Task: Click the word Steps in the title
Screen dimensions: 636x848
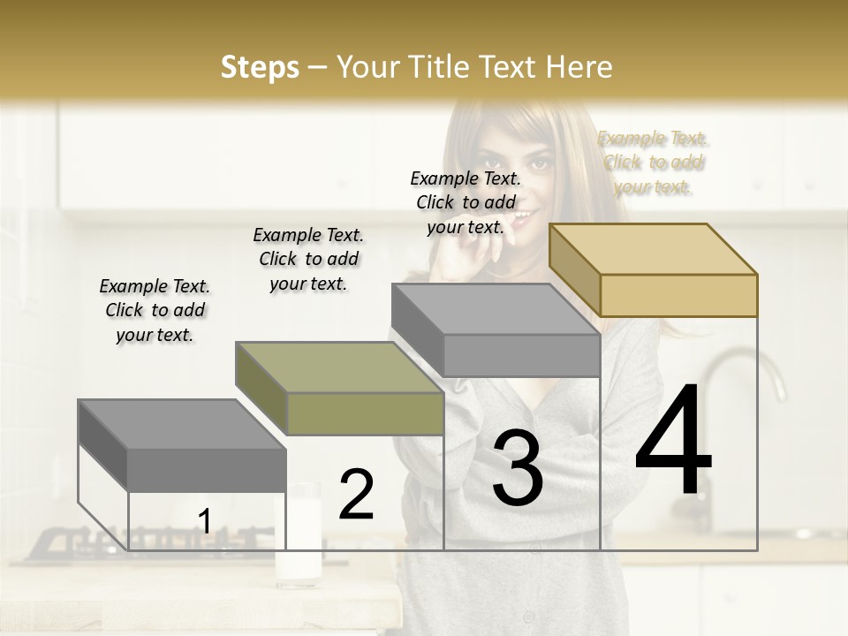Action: pos(260,67)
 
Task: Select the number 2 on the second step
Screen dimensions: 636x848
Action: pos(356,494)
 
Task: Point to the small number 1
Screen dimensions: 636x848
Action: pos(204,521)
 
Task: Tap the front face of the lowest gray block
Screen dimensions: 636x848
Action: pos(207,468)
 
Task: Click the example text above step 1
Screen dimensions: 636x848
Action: pos(155,310)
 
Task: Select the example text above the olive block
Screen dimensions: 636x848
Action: pos(308,259)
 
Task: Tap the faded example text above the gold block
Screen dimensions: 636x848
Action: pos(653,163)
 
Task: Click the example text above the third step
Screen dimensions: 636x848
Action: pos(466,202)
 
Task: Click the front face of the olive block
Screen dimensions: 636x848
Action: pos(365,413)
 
